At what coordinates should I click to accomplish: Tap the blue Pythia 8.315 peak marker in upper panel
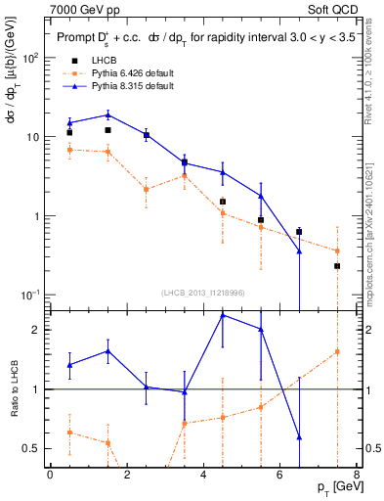[107, 114]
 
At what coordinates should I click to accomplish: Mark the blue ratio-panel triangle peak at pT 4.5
[223, 315]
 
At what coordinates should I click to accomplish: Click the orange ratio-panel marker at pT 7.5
[337, 351]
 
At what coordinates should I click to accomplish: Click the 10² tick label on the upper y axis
[30, 58]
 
